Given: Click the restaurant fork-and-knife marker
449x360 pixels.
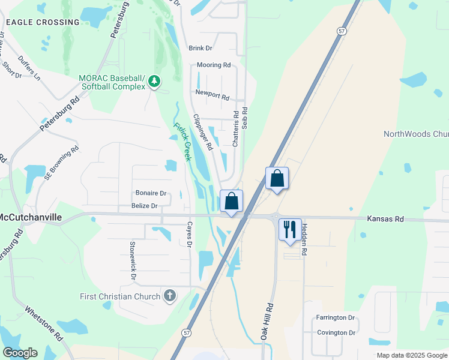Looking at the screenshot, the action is pos(290,229).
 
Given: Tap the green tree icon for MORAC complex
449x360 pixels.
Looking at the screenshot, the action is pos(154,81).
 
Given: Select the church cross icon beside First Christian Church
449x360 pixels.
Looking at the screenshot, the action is pos(170,295).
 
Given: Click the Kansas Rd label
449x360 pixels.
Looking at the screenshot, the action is pos(385,220).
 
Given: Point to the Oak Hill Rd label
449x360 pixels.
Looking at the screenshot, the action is pos(267,322).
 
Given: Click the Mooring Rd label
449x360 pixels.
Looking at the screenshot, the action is pos(214,65).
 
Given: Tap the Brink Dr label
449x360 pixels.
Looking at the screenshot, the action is pos(200,48).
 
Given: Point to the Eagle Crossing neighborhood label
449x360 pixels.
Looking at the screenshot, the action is pos(43,22).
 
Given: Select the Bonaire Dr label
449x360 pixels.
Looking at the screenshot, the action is pos(151,193).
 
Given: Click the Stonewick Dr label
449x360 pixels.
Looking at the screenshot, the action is pos(133,260).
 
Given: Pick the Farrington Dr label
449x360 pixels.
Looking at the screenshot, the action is pos(336,317).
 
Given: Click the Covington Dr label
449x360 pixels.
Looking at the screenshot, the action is pos(336,332).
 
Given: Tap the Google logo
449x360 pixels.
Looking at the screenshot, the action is pos(20,353).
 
